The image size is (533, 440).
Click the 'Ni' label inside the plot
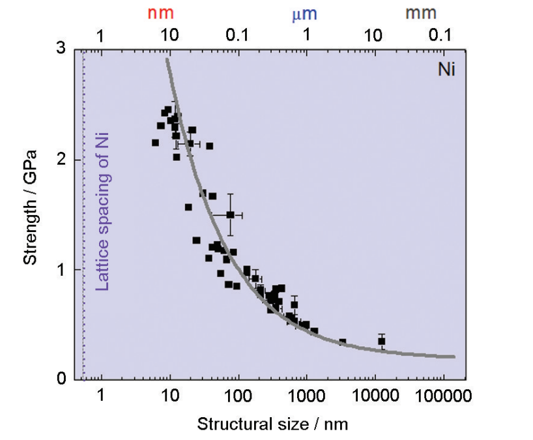coord(445,66)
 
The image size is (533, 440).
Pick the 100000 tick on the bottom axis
coord(442,396)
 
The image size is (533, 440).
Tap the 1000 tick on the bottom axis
coord(306,396)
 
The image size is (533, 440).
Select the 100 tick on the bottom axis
coord(237,396)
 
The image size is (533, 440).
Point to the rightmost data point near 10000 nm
coord(381,341)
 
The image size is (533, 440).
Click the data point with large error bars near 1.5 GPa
coord(230,214)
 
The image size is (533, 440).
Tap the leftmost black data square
coord(155,143)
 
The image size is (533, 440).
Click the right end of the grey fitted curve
coord(454,357)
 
